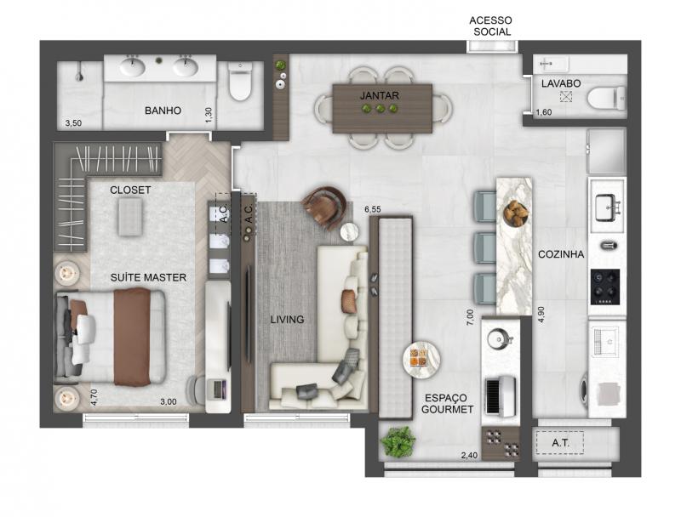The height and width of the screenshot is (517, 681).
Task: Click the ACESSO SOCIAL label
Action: tap(491, 26)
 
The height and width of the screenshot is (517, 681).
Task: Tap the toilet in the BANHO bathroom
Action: tap(240, 81)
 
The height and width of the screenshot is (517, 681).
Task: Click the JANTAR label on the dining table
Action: tap(379, 95)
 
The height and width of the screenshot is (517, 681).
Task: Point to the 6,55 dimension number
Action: tap(373, 209)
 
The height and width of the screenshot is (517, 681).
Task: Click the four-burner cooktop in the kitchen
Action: tap(605, 287)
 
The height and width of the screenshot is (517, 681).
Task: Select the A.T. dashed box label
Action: tap(560, 443)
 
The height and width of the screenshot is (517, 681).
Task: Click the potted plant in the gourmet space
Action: tap(398, 441)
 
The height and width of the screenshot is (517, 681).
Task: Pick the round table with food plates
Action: tap(421, 359)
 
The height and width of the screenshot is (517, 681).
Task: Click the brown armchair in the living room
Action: tap(325, 206)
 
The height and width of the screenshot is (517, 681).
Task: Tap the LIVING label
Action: tap(287, 320)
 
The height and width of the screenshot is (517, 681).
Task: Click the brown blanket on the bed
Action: tap(133, 337)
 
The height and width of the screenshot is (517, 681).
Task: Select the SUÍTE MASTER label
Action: tap(148, 277)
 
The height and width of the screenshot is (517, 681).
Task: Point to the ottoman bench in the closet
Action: tap(130, 218)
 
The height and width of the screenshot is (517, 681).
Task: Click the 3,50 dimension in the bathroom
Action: tap(73, 123)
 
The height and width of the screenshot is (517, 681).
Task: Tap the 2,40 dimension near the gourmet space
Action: tap(469, 456)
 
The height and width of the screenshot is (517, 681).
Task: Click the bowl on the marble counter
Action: tap(516, 213)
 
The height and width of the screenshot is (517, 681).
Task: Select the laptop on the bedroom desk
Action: tap(218, 389)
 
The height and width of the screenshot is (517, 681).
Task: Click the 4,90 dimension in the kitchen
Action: tap(541, 315)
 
